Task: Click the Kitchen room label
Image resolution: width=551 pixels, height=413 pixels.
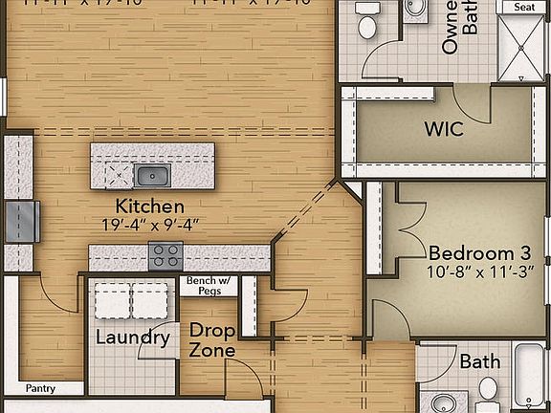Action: (149, 206)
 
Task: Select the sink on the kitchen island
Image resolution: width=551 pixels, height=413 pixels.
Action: (151, 175)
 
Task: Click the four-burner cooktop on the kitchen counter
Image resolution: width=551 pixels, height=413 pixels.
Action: (165, 256)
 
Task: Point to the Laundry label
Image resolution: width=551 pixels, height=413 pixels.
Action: (132, 337)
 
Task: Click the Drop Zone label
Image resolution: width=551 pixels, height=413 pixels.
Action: (211, 340)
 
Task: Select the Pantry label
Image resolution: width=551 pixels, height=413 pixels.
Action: (40, 388)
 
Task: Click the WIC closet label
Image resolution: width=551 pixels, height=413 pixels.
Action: (443, 128)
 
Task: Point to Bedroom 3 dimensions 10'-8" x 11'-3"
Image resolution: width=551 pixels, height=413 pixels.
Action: (480, 272)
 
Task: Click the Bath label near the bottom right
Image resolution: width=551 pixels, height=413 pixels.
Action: (479, 362)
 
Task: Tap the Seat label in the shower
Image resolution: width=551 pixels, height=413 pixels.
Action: (524, 6)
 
